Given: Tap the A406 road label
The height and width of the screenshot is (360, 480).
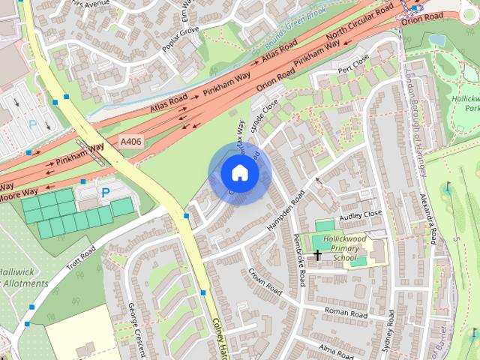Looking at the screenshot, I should pos(130,140).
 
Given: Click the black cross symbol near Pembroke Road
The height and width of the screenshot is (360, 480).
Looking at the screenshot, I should pos(317,256).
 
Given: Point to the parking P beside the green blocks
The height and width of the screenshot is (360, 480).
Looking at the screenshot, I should pos(105,193).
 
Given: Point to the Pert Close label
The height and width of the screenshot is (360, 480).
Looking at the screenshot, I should pos(354,65).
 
